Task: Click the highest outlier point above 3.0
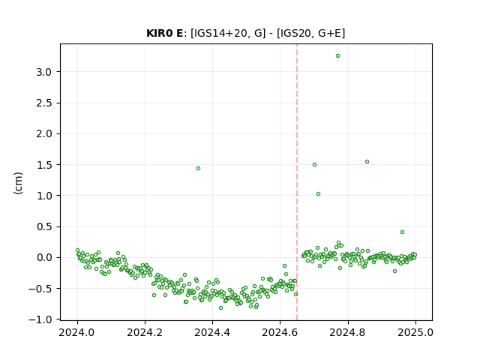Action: pos(337,56)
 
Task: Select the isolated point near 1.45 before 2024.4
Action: pos(198,168)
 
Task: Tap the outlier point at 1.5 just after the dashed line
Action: pos(314,165)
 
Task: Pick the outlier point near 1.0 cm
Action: pos(318,193)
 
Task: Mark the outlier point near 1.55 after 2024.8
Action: pos(367,162)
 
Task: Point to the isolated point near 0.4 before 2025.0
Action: pos(402,232)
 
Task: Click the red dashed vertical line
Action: pos(297,182)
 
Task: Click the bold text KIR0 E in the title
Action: pos(165,33)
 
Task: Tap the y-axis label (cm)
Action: pos(18,183)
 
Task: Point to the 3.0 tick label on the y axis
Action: pos(44,72)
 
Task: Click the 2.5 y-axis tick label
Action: pos(44,103)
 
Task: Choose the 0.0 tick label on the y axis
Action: pos(44,257)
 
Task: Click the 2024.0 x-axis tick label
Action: pos(77,332)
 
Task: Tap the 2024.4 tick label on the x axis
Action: pos(212,332)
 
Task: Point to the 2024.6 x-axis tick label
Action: pos(280,332)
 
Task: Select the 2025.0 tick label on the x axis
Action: pos(415,332)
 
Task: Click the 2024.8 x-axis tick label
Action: pos(348,332)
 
